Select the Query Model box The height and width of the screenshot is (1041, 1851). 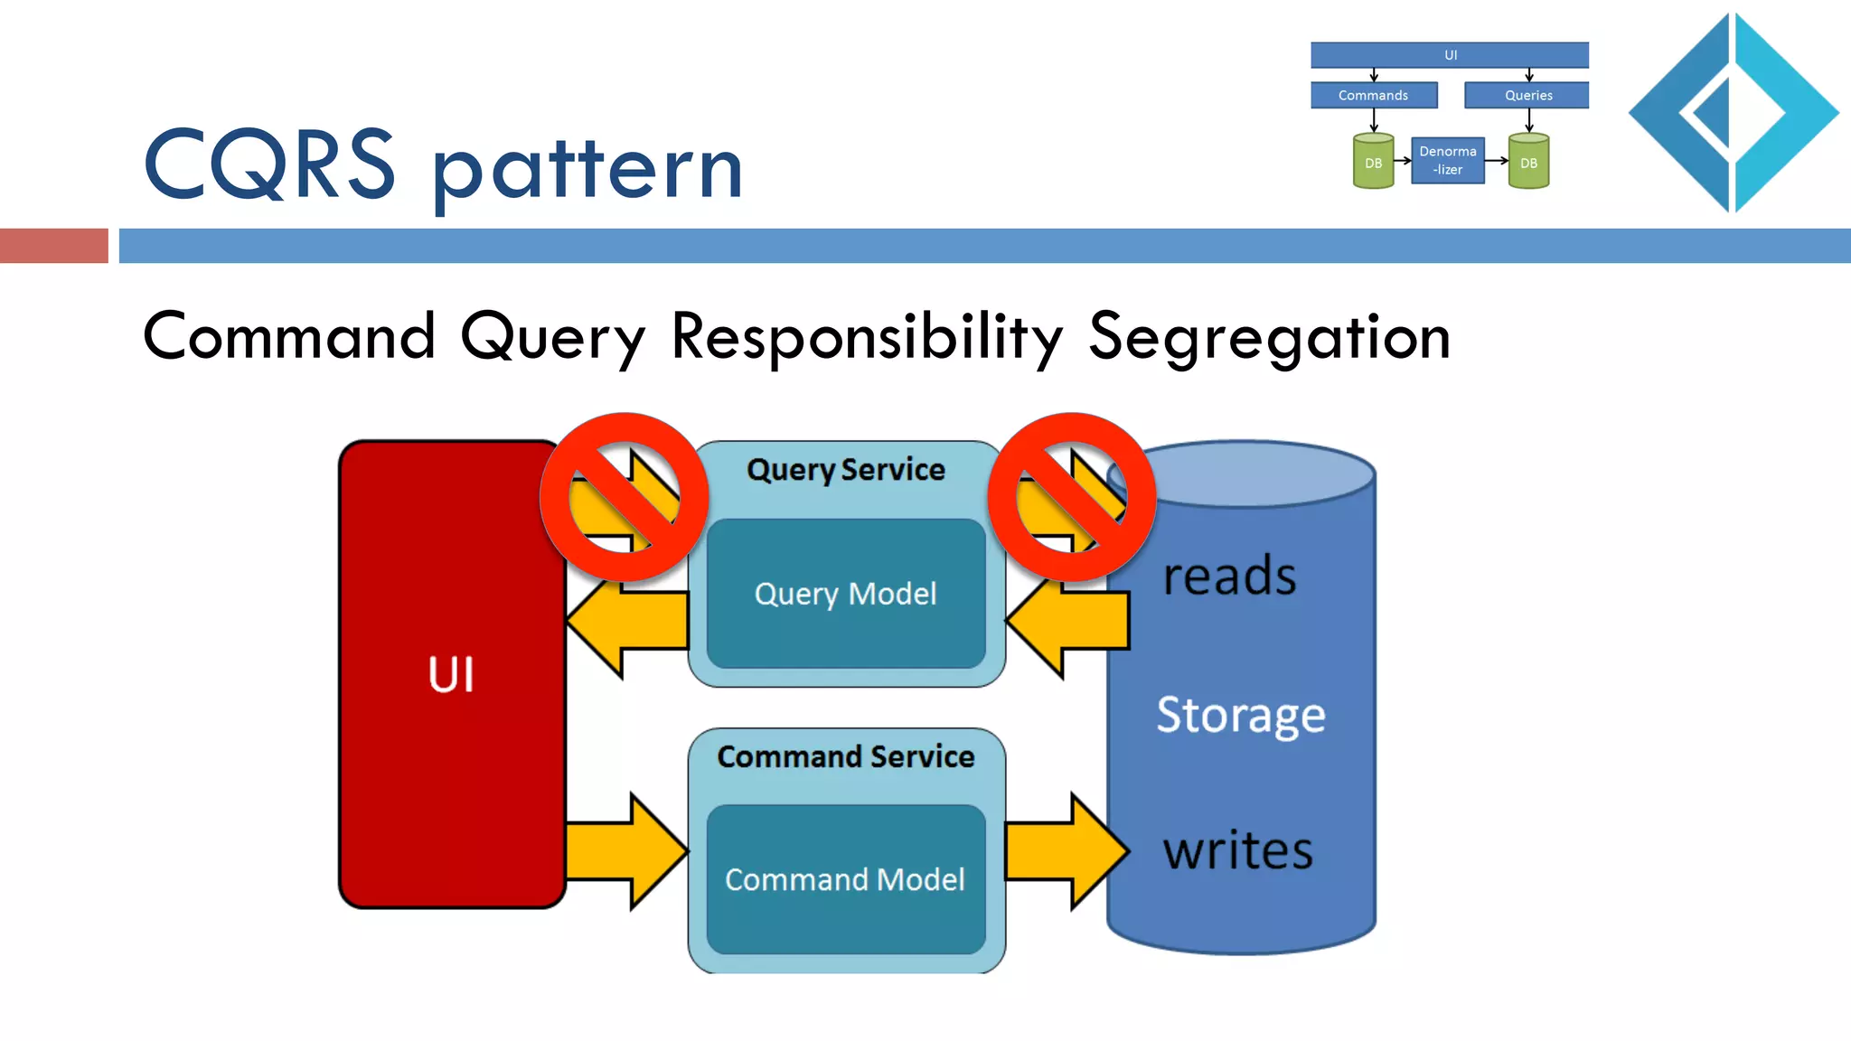click(x=846, y=594)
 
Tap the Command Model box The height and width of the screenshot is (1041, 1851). click(x=846, y=879)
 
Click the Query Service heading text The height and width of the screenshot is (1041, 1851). click(x=846, y=470)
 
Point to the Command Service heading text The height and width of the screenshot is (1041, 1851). click(x=846, y=756)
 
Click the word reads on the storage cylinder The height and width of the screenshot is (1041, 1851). click(x=1229, y=577)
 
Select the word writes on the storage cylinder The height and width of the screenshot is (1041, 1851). click(x=1237, y=850)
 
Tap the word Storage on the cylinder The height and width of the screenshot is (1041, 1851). click(x=1241, y=715)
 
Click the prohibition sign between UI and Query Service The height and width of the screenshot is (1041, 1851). click(x=624, y=497)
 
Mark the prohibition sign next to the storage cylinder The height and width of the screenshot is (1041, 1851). click(x=1071, y=497)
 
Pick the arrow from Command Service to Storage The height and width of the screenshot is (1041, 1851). click(x=1067, y=850)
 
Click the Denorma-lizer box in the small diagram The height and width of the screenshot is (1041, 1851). click(x=1448, y=161)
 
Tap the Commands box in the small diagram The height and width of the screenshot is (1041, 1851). click(x=1374, y=95)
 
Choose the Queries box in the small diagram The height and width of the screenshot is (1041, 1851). click(x=1527, y=95)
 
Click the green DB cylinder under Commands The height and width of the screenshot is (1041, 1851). click(x=1374, y=162)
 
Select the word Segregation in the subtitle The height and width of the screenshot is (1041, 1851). click(x=1270, y=337)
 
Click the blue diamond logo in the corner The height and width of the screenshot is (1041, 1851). click(x=1734, y=113)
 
